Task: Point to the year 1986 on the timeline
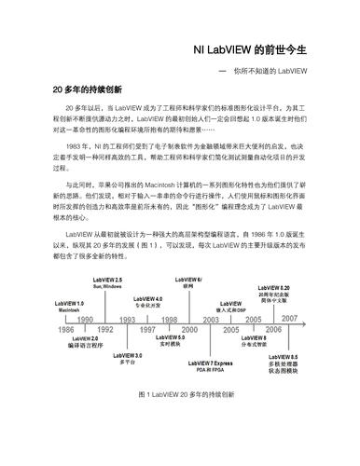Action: (x=66, y=329)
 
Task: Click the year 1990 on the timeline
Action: (x=84, y=319)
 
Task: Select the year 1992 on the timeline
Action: (x=104, y=329)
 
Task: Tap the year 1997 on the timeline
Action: (x=147, y=329)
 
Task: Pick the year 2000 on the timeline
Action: (x=189, y=329)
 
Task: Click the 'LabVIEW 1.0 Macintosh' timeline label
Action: (x=72, y=306)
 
